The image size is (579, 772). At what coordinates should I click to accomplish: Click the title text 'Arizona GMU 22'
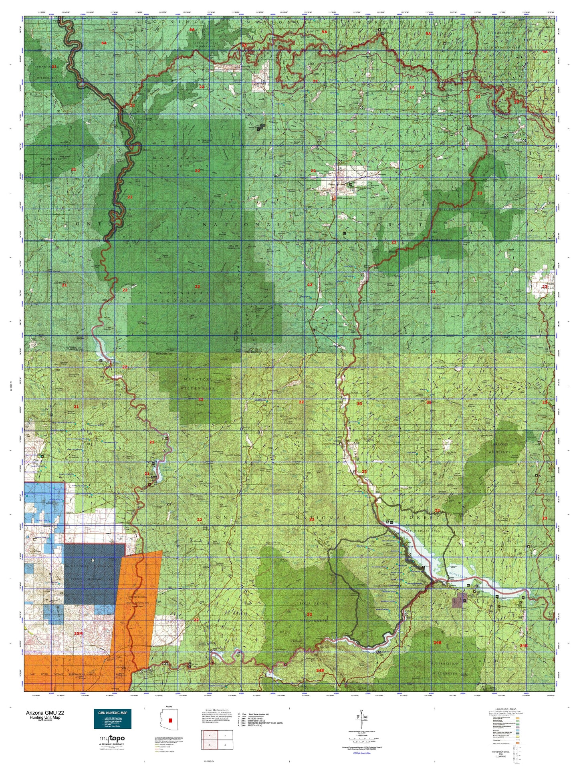point(44,712)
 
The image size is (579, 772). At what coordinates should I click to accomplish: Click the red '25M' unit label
point(79,633)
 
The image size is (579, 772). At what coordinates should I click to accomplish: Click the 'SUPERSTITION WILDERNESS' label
point(444,668)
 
